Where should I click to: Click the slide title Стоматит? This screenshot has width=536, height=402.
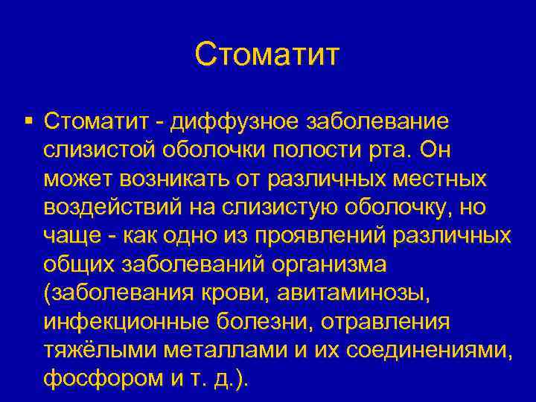[267, 54]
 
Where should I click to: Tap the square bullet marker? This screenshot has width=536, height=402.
[28, 119]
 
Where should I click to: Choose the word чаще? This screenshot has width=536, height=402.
[69, 237]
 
